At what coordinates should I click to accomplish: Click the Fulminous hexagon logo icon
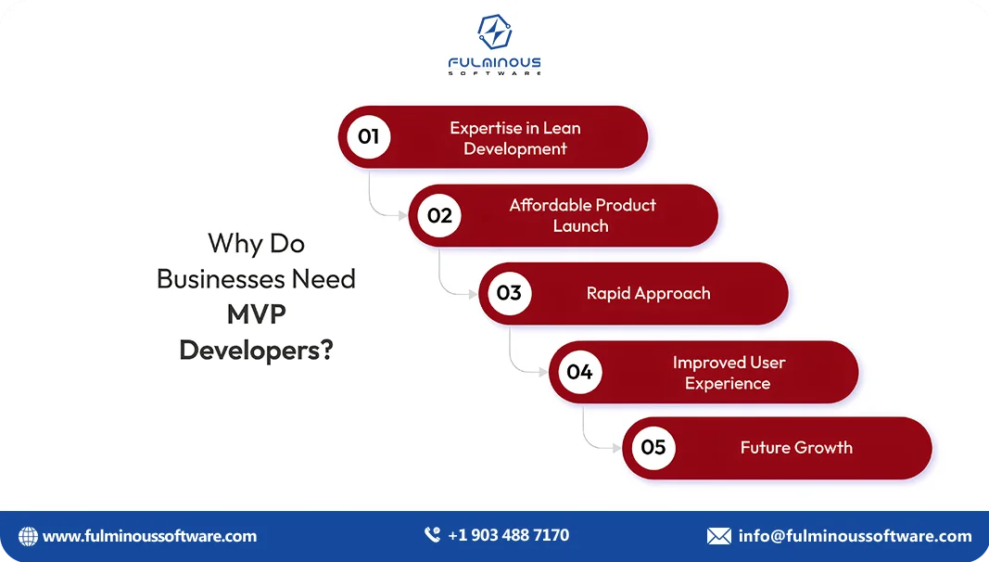(x=494, y=32)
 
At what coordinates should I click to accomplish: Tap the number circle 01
(x=369, y=137)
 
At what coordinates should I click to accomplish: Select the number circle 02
(x=439, y=216)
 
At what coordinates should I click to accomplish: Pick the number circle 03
(x=509, y=294)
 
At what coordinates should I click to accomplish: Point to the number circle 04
(x=579, y=372)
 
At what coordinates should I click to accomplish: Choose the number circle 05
(x=653, y=448)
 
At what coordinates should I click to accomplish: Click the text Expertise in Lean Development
(x=515, y=138)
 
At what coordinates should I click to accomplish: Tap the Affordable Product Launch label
(x=582, y=215)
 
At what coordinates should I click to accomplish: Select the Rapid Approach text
(x=648, y=294)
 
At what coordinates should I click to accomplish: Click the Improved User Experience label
(x=729, y=373)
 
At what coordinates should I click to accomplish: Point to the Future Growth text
(x=796, y=448)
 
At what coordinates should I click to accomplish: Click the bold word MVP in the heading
(x=256, y=314)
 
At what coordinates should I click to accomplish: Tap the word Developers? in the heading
(x=256, y=351)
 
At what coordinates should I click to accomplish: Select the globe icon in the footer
(x=29, y=536)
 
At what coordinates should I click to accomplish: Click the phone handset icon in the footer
(x=432, y=535)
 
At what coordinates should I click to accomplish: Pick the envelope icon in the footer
(x=718, y=536)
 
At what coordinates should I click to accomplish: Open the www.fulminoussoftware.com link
(x=149, y=536)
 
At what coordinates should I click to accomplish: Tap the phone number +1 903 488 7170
(x=508, y=535)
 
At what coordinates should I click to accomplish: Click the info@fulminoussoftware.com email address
(x=855, y=536)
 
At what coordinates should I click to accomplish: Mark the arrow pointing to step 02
(x=401, y=216)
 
